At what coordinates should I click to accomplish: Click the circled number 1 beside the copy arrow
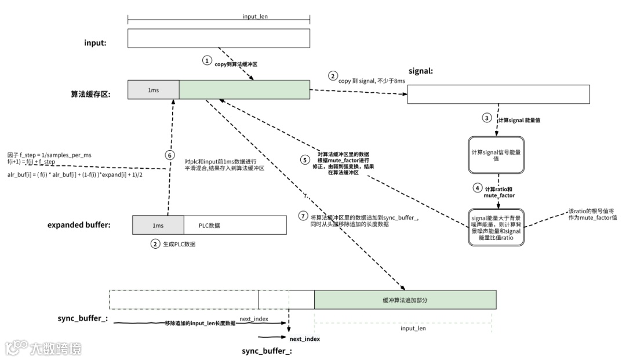(x=207, y=60)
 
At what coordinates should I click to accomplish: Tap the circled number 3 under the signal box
(x=487, y=118)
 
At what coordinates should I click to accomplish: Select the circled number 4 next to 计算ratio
(x=477, y=188)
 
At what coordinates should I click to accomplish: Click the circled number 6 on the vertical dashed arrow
(x=169, y=155)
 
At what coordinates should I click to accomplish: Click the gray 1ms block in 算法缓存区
(x=153, y=90)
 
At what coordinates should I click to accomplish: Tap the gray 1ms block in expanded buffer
(x=158, y=225)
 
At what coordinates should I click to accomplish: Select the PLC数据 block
(x=235, y=225)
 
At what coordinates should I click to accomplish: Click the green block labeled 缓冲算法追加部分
(x=405, y=299)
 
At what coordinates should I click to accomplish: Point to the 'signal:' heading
(x=421, y=71)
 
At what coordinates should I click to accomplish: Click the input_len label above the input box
(x=255, y=17)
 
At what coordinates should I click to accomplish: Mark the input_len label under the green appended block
(x=413, y=328)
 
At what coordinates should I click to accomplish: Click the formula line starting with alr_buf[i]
(x=75, y=174)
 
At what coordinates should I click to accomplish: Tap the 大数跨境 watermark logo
(x=44, y=348)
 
